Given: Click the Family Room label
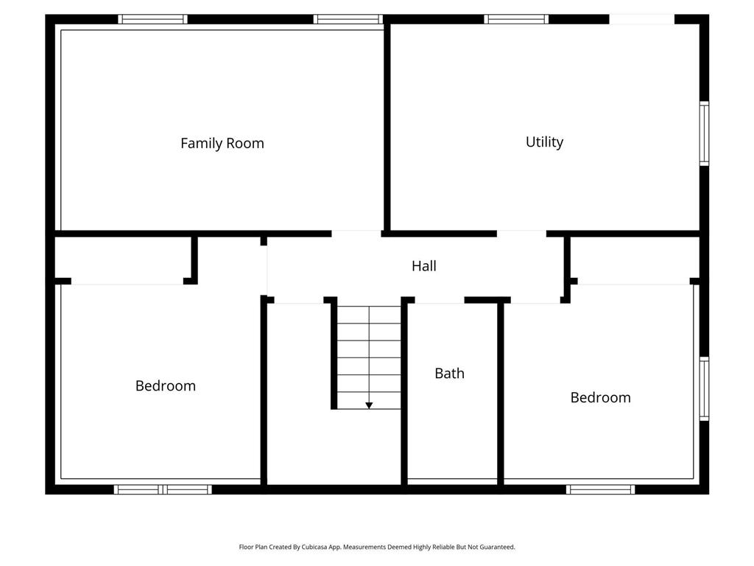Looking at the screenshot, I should (222, 143).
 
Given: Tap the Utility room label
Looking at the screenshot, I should (544, 141).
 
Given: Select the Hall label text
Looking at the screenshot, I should (423, 266).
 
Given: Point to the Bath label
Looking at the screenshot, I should (449, 373).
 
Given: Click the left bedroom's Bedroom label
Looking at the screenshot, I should (166, 385).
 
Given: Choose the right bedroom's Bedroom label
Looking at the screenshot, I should (600, 397).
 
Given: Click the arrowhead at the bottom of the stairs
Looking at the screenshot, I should (369, 405).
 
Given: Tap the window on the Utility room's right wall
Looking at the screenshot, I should (704, 133).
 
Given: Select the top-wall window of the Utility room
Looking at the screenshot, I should (516, 19).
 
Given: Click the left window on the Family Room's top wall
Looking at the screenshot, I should (153, 19).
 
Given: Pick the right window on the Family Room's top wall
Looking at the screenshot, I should (348, 19).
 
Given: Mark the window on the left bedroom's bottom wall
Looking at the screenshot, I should (163, 489).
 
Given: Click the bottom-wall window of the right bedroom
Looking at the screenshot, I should (600, 489).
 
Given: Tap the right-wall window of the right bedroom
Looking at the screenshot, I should (704, 388).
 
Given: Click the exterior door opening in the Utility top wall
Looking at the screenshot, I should (641, 19).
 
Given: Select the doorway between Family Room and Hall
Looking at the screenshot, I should (356, 234).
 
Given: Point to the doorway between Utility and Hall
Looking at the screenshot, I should (521, 234).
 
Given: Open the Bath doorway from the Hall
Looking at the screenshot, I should (440, 300).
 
